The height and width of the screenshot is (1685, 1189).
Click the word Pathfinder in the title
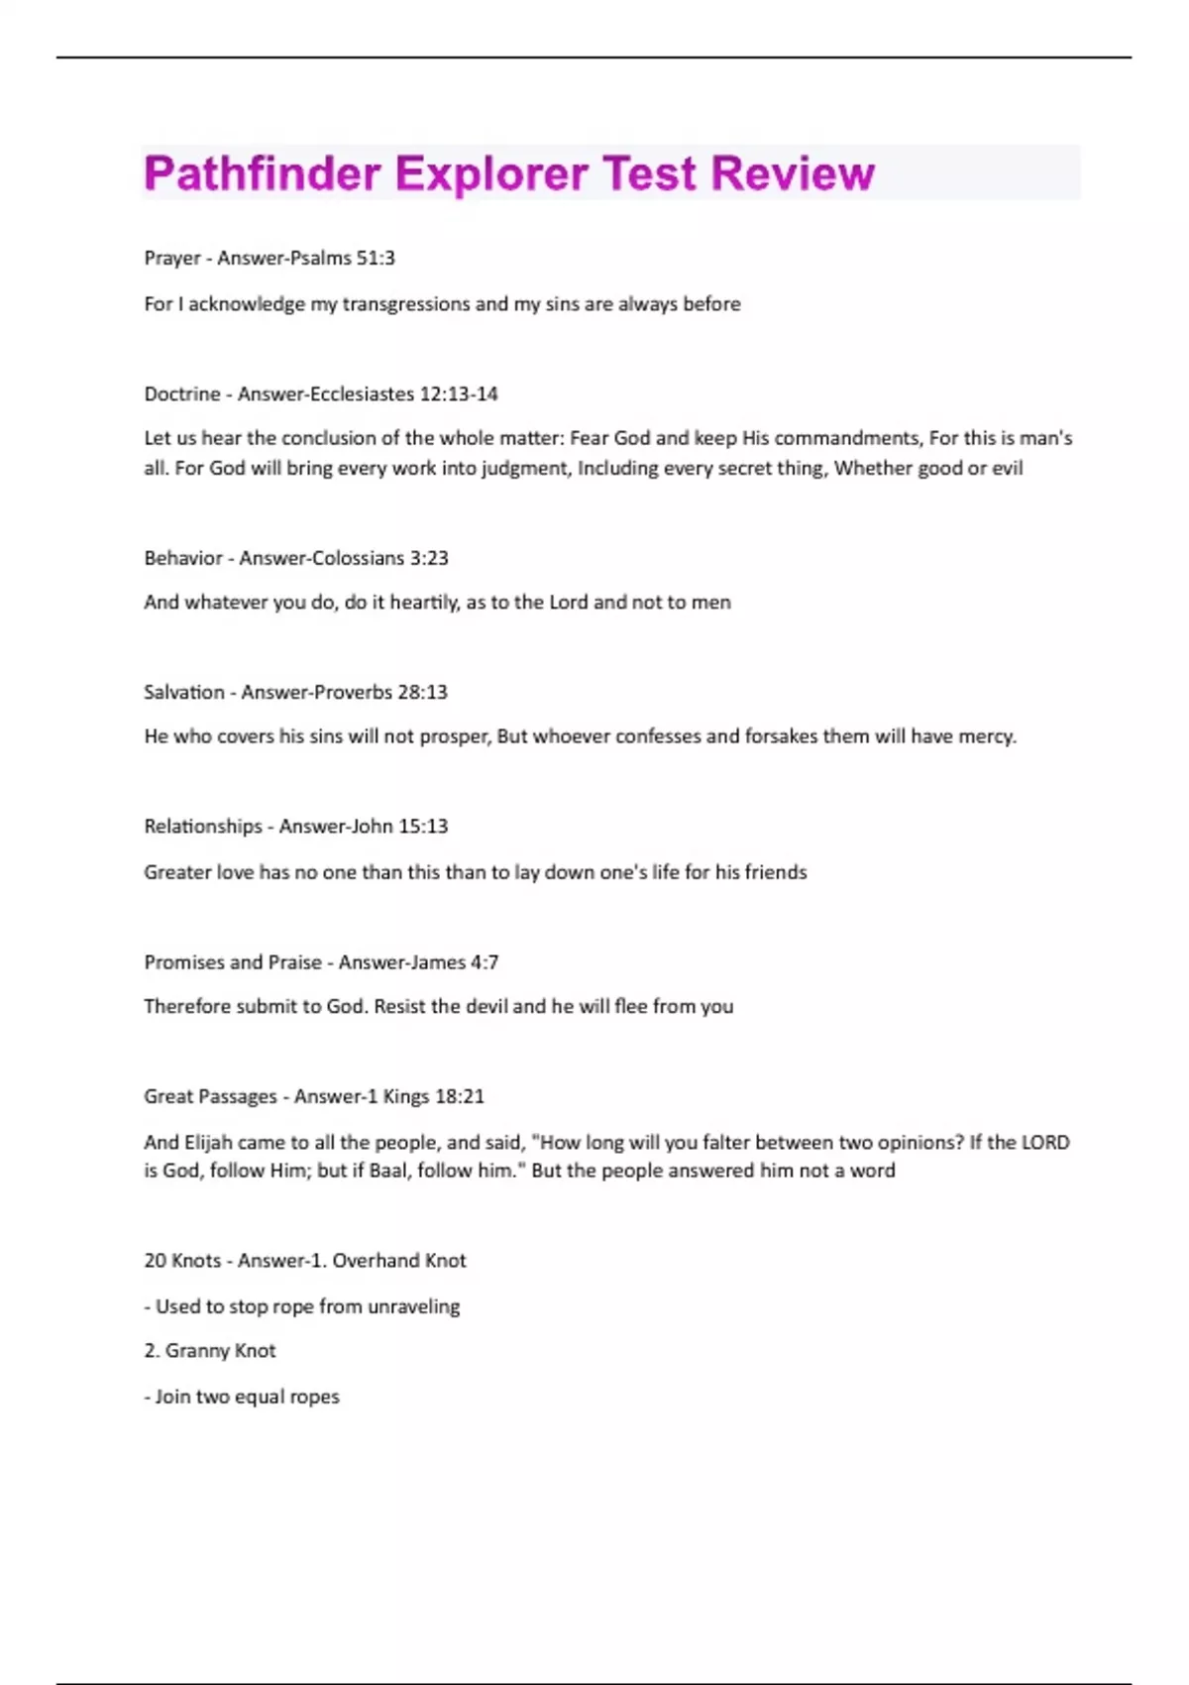click(x=263, y=174)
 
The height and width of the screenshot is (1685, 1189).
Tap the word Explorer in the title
click(x=490, y=174)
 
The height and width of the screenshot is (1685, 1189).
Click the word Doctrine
click(x=182, y=394)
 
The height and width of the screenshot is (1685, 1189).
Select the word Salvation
click(x=184, y=692)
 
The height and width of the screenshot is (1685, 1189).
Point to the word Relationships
click(x=203, y=827)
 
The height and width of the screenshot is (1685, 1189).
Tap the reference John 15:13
click(x=408, y=827)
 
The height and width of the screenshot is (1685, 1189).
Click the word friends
click(x=776, y=872)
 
